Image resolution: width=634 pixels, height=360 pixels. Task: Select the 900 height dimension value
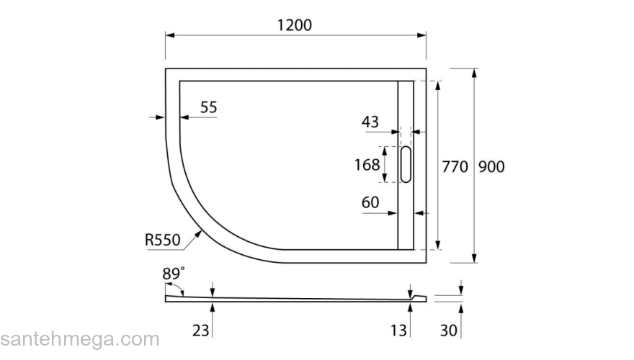tap(491, 166)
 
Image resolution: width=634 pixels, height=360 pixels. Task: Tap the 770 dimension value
tap(455, 166)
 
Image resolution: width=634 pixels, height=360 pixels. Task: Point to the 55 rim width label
tap(209, 107)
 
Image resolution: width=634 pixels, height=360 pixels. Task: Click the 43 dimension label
tap(370, 122)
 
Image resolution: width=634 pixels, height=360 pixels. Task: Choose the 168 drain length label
tap(367, 165)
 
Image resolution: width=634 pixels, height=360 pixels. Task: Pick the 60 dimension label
tap(370, 203)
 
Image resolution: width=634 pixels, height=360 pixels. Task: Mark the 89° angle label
tap(174, 273)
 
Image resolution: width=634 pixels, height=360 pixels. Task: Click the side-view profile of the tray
tap(295, 298)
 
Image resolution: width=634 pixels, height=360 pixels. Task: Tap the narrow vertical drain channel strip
tap(406, 216)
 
